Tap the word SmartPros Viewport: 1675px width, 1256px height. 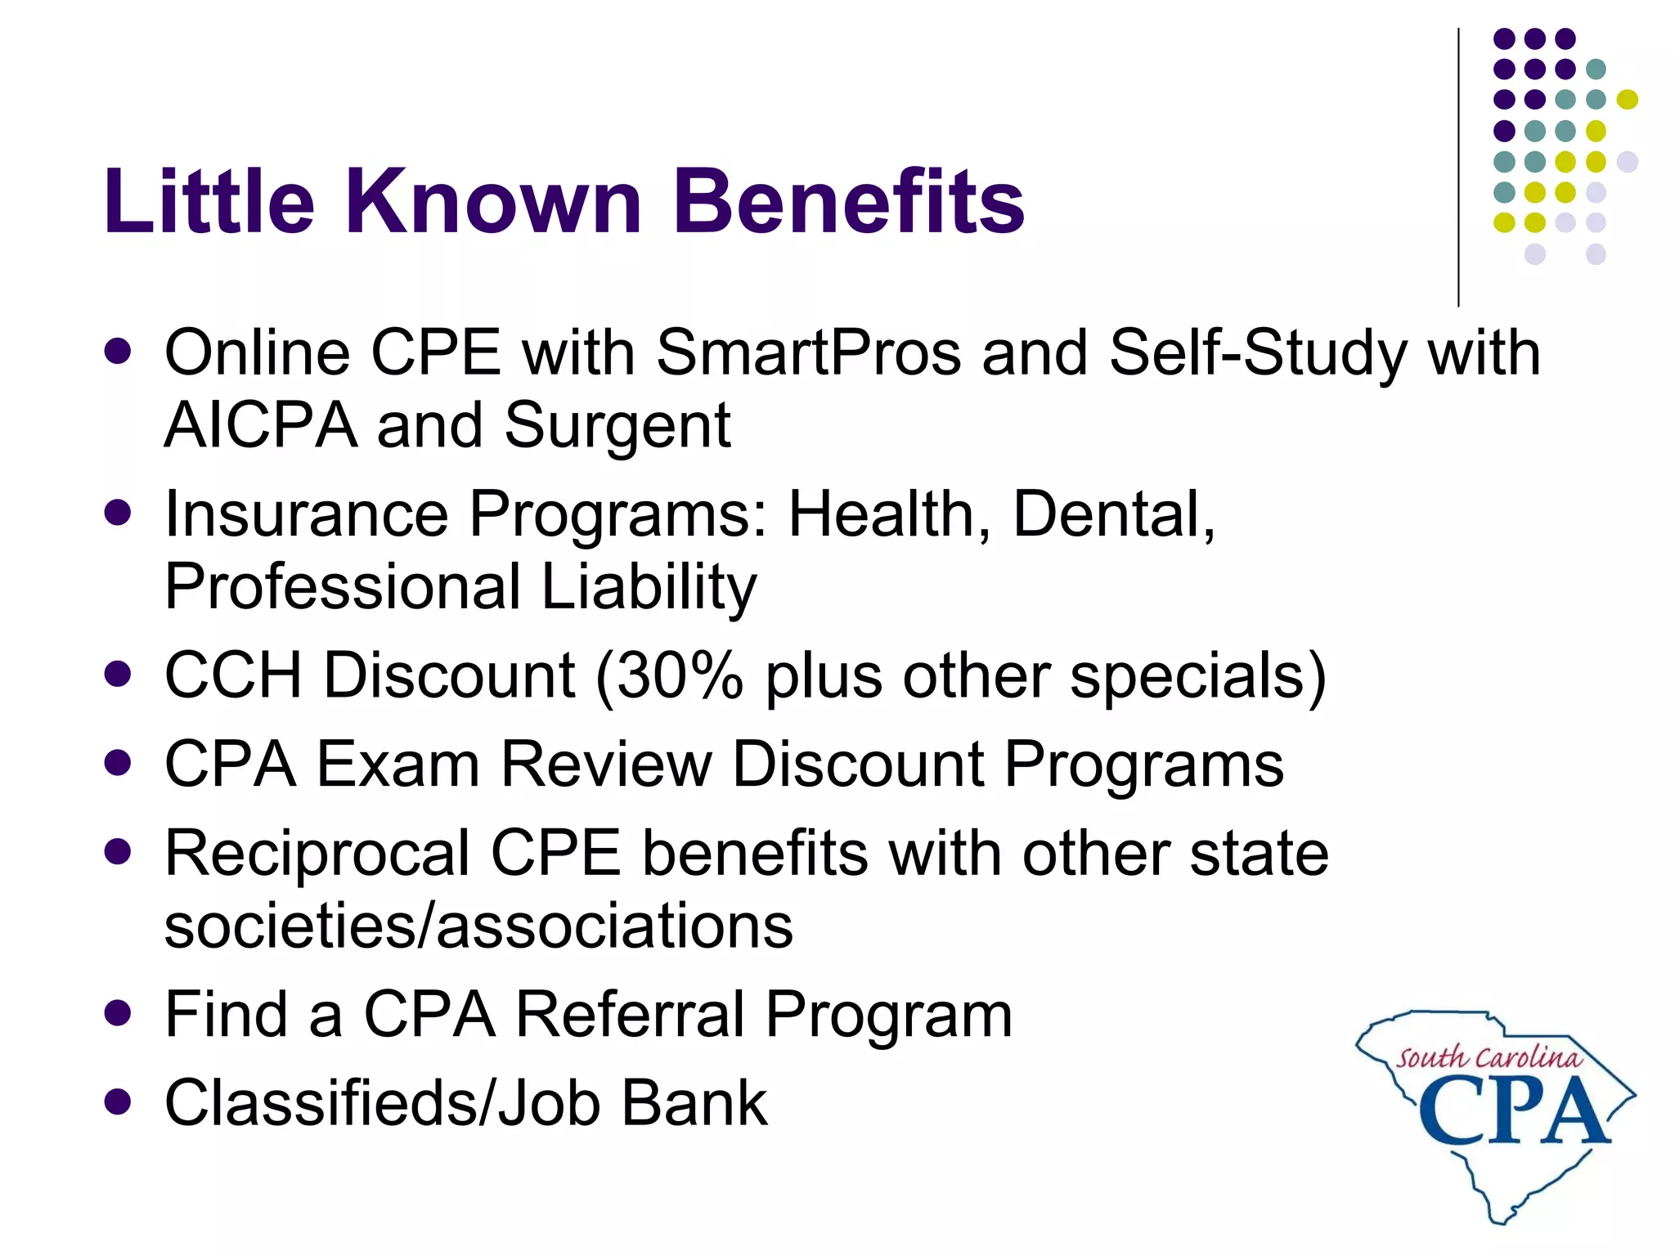point(808,353)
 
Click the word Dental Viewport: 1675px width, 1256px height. point(1113,515)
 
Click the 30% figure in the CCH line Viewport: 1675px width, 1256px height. point(679,676)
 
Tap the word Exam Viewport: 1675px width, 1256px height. point(398,765)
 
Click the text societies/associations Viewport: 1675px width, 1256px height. point(478,926)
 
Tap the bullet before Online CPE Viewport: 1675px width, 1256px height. point(119,352)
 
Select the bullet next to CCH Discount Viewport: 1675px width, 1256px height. point(119,675)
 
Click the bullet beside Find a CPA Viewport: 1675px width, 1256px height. point(119,1015)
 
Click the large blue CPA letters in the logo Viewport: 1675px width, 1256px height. point(1513,1110)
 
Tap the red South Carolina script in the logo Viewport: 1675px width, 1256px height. point(1489,1057)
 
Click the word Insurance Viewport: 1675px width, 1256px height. point(307,515)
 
